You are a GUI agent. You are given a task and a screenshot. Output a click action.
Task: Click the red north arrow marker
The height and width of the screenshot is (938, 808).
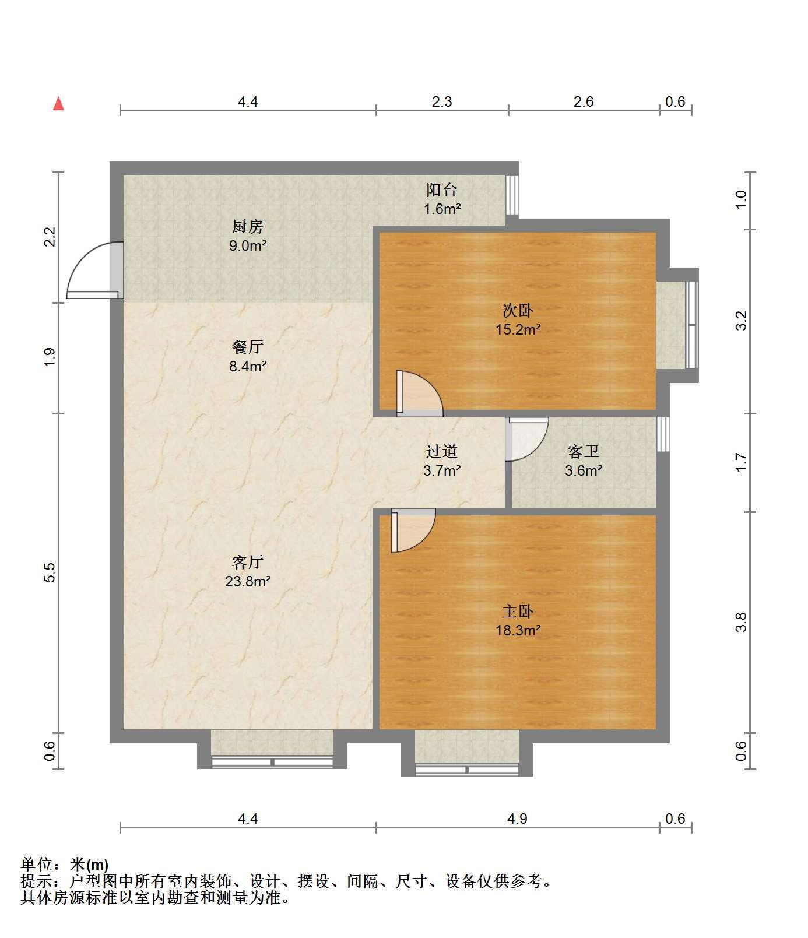[x=58, y=104]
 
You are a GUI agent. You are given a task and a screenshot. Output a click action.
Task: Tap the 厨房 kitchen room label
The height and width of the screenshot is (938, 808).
[x=248, y=226]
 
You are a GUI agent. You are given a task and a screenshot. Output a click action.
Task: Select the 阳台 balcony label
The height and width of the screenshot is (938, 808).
[x=442, y=189]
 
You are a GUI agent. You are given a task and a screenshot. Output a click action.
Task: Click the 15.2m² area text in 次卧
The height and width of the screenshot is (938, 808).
[x=518, y=329]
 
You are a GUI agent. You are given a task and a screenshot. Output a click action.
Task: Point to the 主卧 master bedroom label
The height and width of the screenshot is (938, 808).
[x=518, y=611]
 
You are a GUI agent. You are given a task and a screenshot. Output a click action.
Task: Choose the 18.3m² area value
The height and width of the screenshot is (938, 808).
[x=518, y=630]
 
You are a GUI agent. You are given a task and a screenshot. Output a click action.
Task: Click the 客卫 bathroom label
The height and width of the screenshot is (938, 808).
[x=584, y=451]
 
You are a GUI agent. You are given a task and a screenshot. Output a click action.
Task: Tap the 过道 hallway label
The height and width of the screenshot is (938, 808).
[x=442, y=451]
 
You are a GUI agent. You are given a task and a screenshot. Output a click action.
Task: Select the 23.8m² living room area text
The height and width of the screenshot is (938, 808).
[x=248, y=581]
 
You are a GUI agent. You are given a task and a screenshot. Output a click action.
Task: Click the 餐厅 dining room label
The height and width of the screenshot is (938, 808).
[x=248, y=347]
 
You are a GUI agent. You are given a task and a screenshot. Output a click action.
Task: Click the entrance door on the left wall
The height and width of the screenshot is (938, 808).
[x=95, y=270]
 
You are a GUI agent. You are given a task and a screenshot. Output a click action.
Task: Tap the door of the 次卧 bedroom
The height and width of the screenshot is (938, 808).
[x=419, y=394]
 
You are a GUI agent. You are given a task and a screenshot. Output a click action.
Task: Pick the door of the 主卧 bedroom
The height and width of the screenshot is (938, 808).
[x=413, y=531]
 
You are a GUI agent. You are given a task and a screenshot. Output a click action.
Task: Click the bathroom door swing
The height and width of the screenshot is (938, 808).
[x=526, y=438]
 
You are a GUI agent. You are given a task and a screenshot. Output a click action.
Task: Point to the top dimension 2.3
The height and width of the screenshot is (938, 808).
[x=442, y=101]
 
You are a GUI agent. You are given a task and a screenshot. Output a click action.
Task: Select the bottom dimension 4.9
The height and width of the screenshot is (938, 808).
[x=517, y=818]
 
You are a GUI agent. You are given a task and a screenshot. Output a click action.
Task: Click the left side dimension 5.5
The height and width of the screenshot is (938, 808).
[x=50, y=572]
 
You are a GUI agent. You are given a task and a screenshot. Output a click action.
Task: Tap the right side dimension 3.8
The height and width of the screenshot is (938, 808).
[x=741, y=622]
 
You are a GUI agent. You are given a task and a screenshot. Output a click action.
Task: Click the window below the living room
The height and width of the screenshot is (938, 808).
[x=272, y=761]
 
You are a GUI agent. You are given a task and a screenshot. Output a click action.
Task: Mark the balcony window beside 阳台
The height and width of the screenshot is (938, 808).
[x=511, y=194]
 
